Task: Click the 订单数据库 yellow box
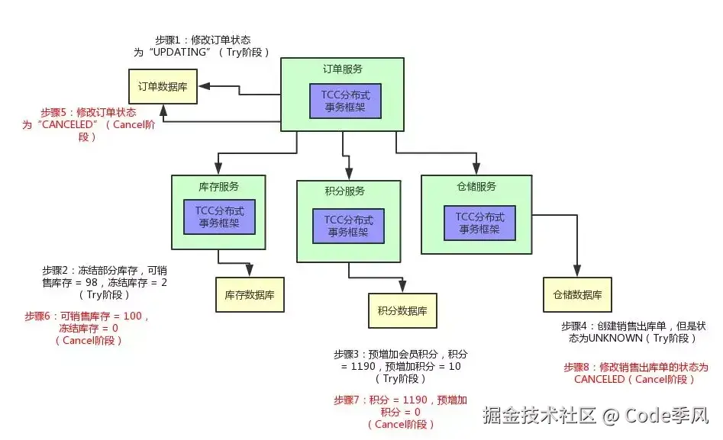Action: (163, 87)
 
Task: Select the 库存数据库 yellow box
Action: (250, 295)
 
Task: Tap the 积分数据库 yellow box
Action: (402, 311)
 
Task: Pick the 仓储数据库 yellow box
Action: (577, 295)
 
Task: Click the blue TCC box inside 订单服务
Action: (345, 101)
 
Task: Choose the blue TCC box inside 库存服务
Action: (219, 217)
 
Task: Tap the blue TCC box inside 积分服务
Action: (349, 226)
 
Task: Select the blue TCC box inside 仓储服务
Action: (479, 223)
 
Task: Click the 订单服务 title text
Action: (343, 69)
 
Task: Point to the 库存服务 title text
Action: (218, 187)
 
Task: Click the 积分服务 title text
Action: (345, 191)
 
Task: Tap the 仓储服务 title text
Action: (476, 187)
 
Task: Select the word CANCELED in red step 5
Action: (67, 124)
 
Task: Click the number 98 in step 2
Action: (92, 282)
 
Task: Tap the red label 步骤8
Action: (576, 368)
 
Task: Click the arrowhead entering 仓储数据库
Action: (577, 271)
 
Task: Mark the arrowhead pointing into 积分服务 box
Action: (349, 174)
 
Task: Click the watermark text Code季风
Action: (667, 416)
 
